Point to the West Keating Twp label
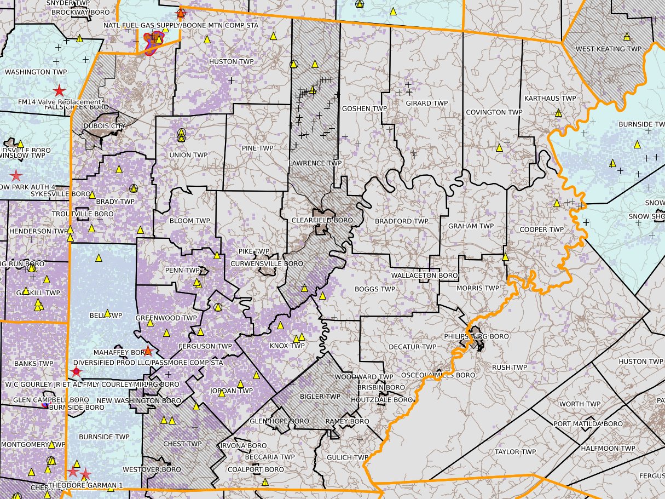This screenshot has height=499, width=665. pos(608,49)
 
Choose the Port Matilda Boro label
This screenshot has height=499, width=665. pos(588,424)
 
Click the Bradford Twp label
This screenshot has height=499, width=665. pos(401,221)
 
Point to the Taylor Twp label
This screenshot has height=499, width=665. pos(515,452)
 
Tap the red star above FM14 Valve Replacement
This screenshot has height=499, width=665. pos(59,91)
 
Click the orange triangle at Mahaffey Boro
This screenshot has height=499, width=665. pos(147,351)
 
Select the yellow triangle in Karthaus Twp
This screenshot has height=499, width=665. pos(558,113)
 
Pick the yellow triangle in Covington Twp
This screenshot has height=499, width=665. pos(499,148)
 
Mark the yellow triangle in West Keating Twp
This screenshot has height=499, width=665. pos(627,37)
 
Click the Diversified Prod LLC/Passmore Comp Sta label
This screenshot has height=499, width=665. pos(148,363)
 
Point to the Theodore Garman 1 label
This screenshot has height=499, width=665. pos(85,485)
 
